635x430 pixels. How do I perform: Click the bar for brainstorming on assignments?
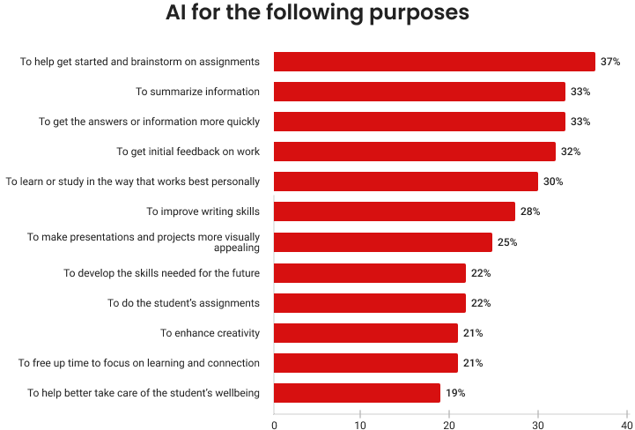pyautogui.click(x=434, y=62)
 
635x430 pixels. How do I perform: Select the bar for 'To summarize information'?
pyautogui.click(x=419, y=92)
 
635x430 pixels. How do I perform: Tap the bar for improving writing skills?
pyautogui.click(x=395, y=211)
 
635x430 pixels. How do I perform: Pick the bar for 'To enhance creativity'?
pyautogui.click(x=365, y=333)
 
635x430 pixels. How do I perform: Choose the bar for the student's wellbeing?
pyautogui.click(x=357, y=393)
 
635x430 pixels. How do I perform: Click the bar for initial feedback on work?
pyautogui.click(x=415, y=152)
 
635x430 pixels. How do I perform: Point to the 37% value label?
pyautogui.click(x=610, y=62)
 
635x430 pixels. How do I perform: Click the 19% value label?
pyautogui.click(x=454, y=393)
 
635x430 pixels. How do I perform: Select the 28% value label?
pyautogui.click(x=530, y=211)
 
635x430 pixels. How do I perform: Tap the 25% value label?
pyautogui.click(x=506, y=242)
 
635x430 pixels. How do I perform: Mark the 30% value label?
pyautogui.click(x=552, y=182)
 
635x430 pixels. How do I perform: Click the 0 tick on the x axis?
pyautogui.click(x=274, y=424)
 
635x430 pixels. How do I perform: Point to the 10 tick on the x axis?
pyautogui.click(x=361, y=424)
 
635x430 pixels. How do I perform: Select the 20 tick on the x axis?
pyautogui.click(x=449, y=424)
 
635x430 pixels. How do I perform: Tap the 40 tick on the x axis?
pyautogui.click(x=624, y=424)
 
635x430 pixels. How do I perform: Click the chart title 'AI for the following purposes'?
pyautogui.click(x=317, y=14)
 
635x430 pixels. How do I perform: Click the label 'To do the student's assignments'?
pyautogui.click(x=183, y=303)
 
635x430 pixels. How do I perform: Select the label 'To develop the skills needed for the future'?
pyautogui.click(x=161, y=273)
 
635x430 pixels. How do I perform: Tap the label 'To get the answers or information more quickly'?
pyautogui.click(x=148, y=122)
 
